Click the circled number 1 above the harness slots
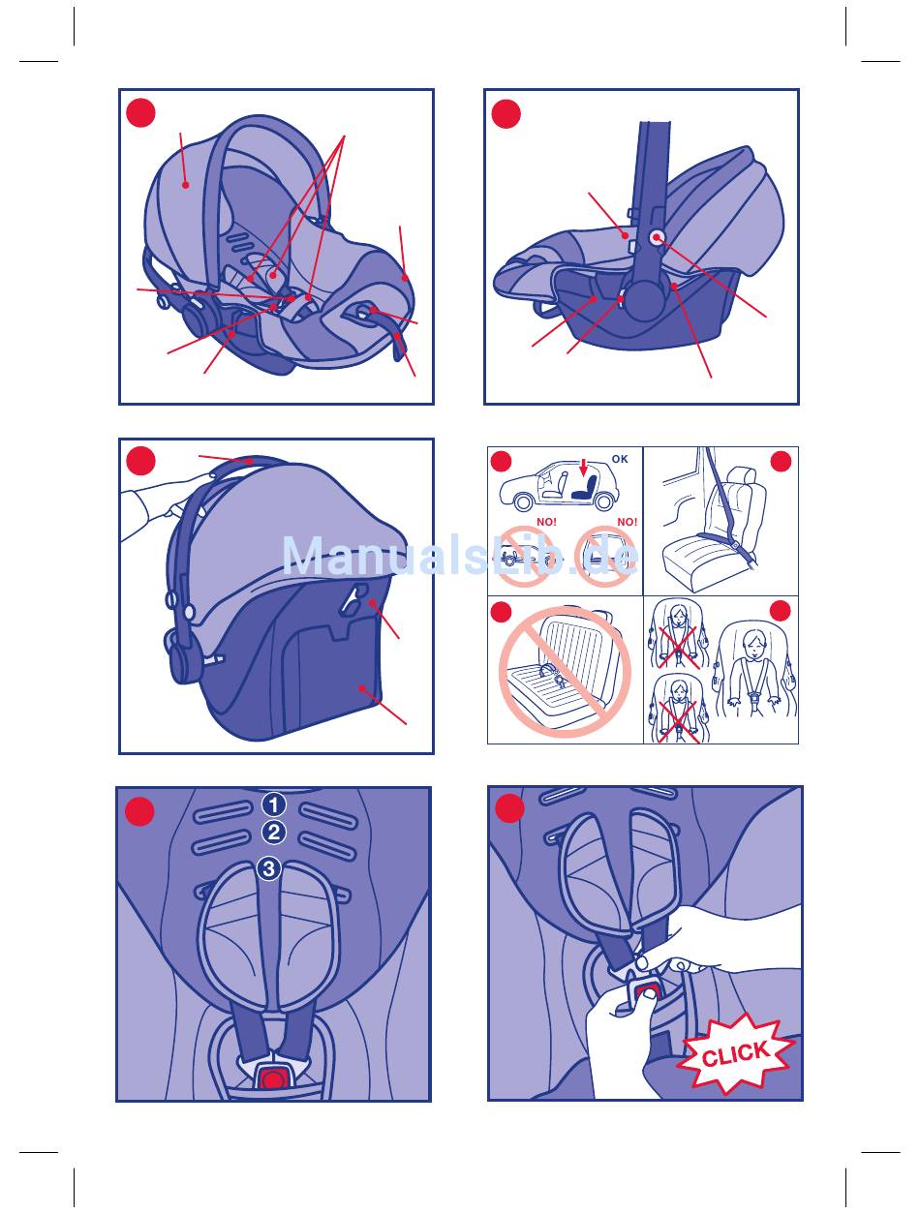pos(273,804)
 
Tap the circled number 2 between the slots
pos(273,833)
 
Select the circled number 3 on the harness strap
pos(269,868)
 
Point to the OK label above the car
pos(620,459)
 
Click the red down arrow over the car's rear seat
pos(583,468)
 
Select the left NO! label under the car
pos(546,522)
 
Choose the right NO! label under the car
pos(628,522)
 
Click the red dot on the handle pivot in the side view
pos(657,238)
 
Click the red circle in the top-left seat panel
pos(140,113)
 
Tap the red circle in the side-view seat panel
pos(506,114)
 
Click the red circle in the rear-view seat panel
pos(140,461)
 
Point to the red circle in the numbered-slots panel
pos(139,811)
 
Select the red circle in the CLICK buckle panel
pos(509,808)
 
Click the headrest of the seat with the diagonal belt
pos(741,475)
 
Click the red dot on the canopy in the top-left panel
pos(185,185)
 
